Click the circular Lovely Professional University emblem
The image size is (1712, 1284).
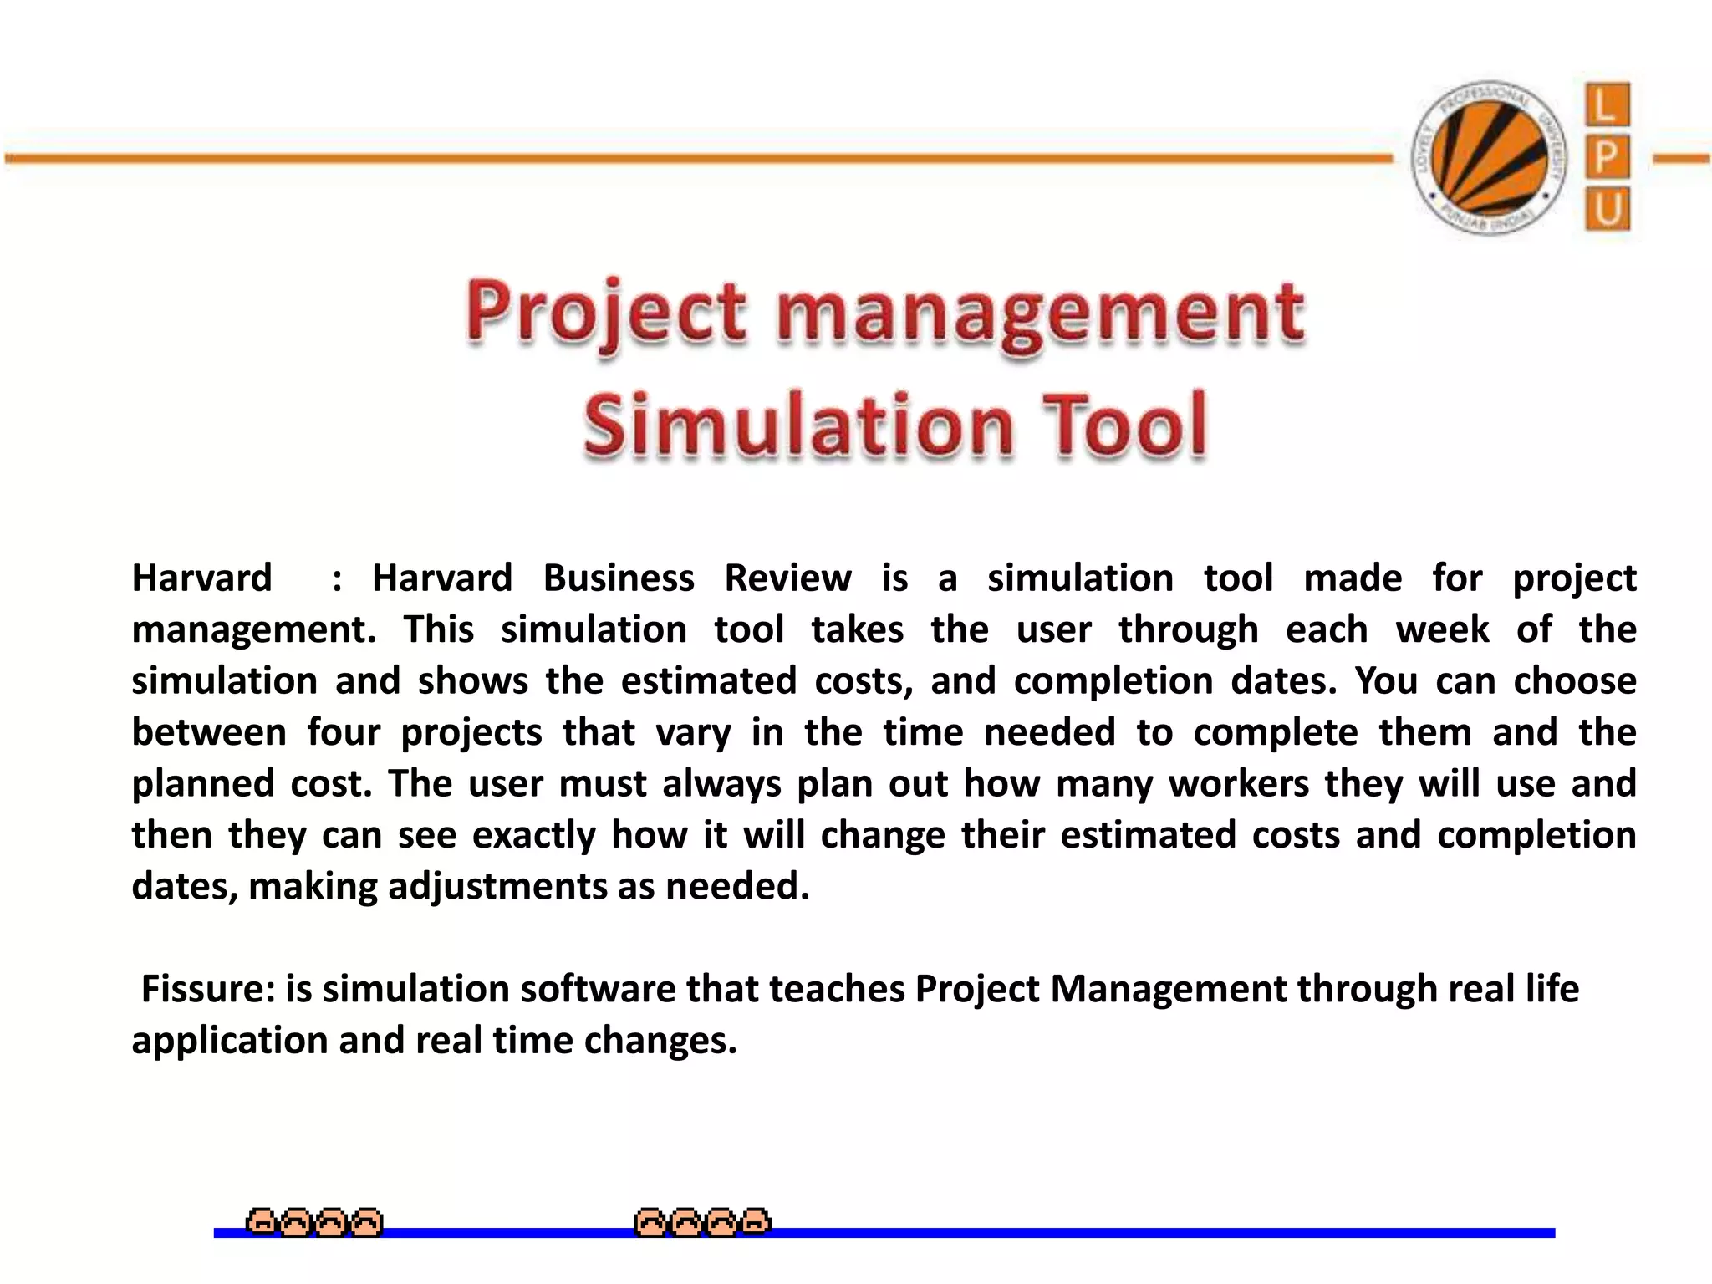1489,158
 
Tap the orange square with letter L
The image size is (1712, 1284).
1607,105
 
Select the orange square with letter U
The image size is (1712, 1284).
1607,209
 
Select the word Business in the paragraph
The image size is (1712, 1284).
619,578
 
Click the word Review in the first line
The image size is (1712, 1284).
787,578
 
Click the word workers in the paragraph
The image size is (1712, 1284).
1239,784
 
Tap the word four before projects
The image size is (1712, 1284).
343,733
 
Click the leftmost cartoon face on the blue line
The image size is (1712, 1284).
261,1223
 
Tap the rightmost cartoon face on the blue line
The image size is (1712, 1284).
756,1223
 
